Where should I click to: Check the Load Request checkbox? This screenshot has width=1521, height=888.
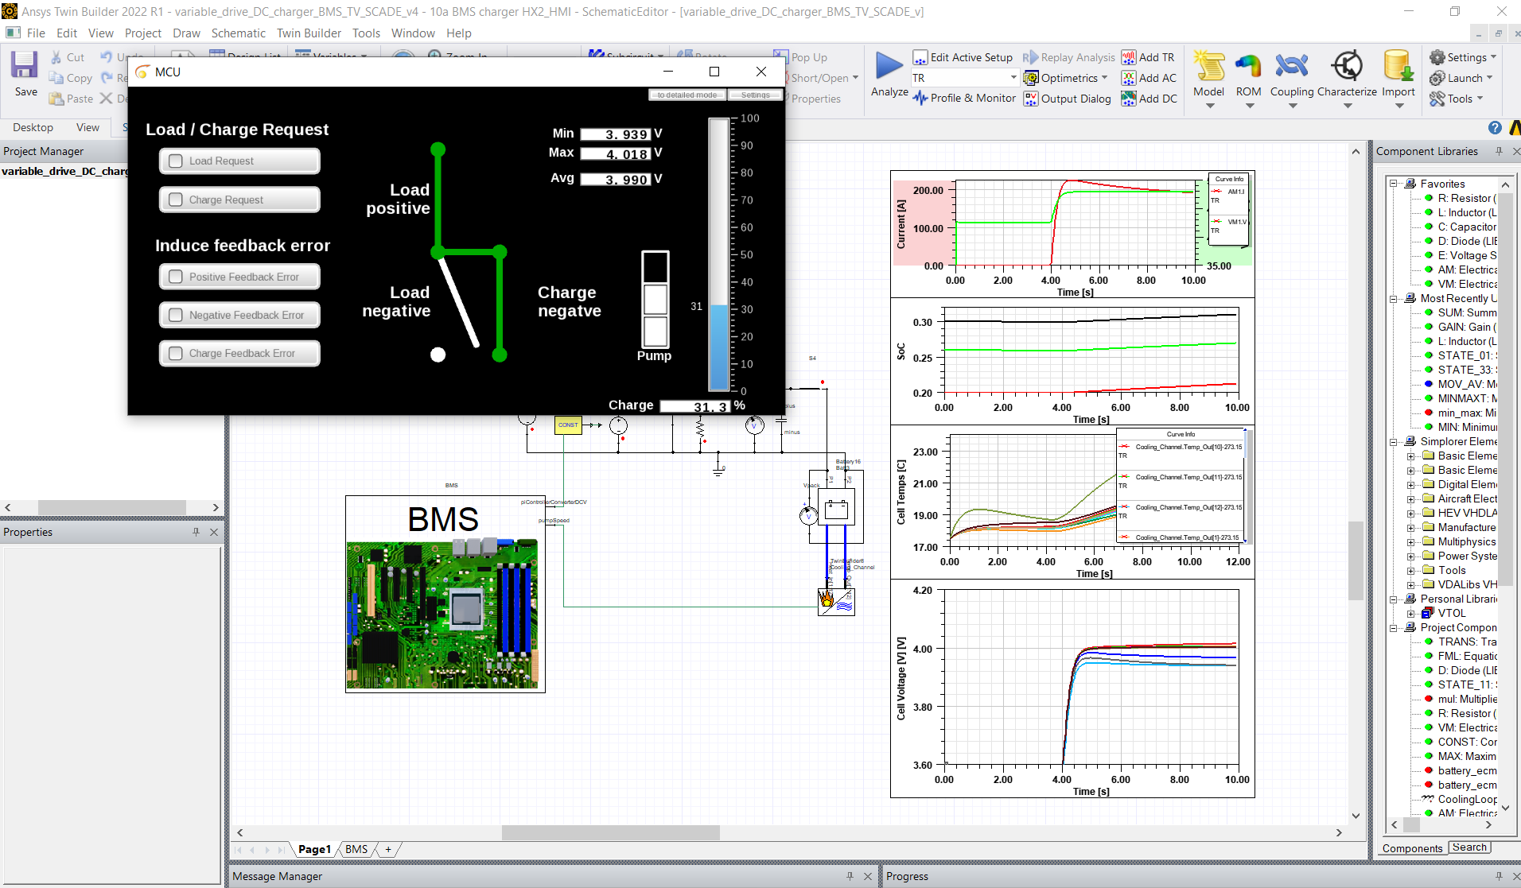[x=176, y=161]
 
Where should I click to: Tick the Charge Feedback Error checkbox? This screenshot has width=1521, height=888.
[x=176, y=353]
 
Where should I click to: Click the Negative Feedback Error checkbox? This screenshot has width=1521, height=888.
[x=176, y=315]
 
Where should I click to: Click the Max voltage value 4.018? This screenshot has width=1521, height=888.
[x=616, y=154]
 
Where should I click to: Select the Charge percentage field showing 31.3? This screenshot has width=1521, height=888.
[x=694, y=406]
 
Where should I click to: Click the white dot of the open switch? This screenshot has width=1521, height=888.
[x=438, y=355]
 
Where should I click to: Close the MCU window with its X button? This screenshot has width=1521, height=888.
[x=761, y=72]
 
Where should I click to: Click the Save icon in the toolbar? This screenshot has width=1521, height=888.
[x=25, y=66]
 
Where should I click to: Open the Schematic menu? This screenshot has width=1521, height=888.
[x=238, y=33]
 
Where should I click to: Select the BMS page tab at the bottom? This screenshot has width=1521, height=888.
[x=356, y=849]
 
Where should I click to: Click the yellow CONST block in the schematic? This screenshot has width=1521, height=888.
[x=568, y=425]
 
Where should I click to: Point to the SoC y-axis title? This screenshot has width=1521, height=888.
[x=901, y=351]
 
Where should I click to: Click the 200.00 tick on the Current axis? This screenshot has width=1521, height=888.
[x=928, y=191]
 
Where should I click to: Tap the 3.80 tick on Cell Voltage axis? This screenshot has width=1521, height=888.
[x=922, y=707]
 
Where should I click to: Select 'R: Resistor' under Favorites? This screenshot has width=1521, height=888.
[x=1464, y=198]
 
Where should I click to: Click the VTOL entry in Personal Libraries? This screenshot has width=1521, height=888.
[x=1451, y=613]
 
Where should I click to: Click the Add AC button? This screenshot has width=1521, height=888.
[x=1150, y=78]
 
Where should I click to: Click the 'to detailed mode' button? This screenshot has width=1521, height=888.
[x=687, y=95]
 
